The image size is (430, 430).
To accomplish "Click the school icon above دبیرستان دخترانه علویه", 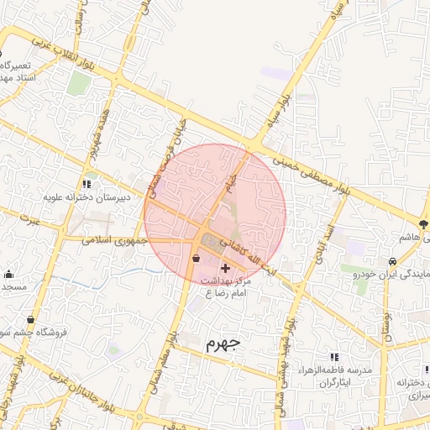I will pyautogui.click(x=87, y=183).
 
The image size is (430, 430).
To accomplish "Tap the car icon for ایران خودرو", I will pyautogui.click(x=393, y=260).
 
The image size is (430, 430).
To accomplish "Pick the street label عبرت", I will pyautogui.click(x=32, y=220).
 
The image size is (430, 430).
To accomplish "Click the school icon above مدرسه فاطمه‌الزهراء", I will pyautogui.click(x=334, y=357).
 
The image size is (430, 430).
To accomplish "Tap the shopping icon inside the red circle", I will pyautogui.click(x=197, y=259).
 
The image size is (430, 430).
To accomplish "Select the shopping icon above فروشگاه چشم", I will pyautogui.click(x=31, y=319).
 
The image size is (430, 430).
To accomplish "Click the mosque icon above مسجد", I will pyautogui.click(x=8, y=273).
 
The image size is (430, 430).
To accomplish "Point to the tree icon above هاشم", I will pyautogui.click(x=422, y=223).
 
